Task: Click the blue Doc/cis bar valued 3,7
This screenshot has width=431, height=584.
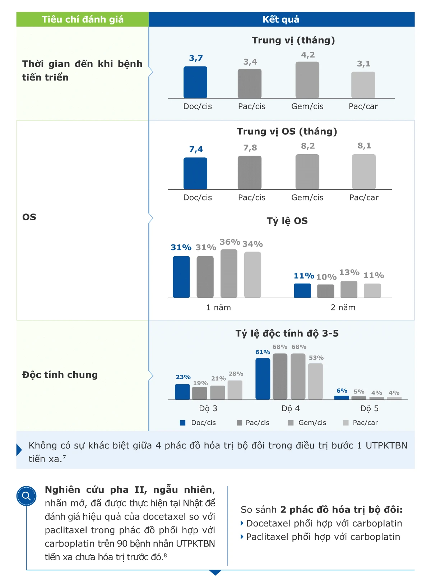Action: click(195, 82)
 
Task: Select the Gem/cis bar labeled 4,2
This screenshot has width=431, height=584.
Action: click(307, 80)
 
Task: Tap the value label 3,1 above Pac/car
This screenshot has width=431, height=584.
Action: click(363, 64)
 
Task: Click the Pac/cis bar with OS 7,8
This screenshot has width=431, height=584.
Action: click(250, 173)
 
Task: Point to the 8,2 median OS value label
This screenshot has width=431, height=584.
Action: click(308, 146)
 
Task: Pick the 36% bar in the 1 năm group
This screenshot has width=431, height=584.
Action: click(229, 273)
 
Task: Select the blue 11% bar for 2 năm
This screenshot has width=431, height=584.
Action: click(302, 291)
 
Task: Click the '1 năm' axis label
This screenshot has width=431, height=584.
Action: click(218, 308)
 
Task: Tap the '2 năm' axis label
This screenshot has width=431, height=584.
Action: click(343, 308)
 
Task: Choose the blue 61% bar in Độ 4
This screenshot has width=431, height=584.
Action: click(263, 379)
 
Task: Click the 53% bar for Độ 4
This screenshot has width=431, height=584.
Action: click(315, 381)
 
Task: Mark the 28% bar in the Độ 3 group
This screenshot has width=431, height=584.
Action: click(235, 390)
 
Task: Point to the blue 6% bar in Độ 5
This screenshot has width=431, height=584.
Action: click(342, 397)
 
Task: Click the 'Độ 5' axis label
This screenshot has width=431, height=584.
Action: click(369, 409)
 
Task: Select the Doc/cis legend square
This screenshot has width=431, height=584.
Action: click(183, 423)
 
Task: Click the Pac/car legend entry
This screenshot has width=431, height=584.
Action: click(361, 423)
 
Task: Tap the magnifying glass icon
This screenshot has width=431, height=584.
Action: click(27, 496)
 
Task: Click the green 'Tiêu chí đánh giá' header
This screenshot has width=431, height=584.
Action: click(83, 19)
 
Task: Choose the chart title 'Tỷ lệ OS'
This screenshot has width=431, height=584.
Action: click(287, 221)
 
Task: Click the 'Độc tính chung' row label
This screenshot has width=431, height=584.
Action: click(60, 375)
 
